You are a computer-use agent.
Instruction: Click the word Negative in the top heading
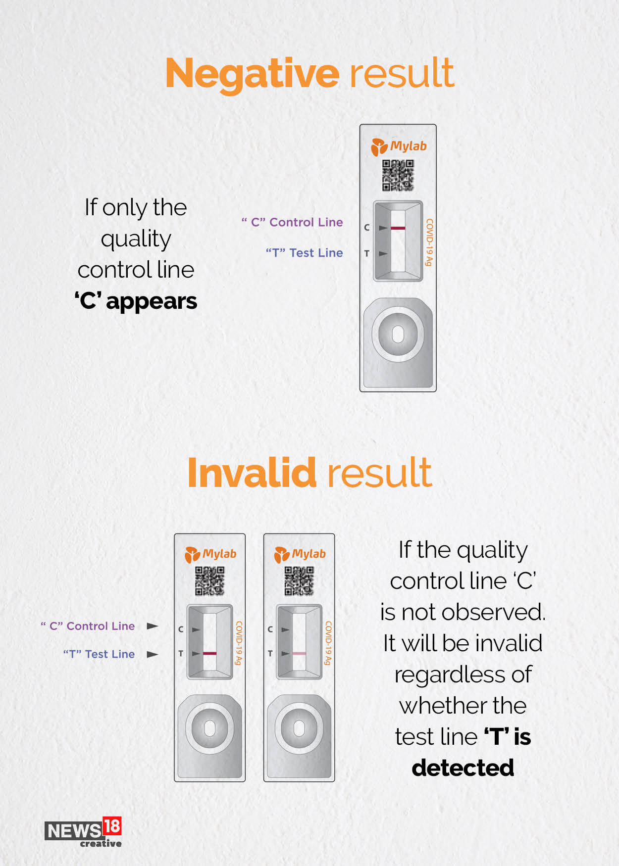(x=252, y=74)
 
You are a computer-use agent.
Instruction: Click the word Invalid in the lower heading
(x=252, y=473)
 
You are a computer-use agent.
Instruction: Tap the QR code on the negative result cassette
(x=398, y=175)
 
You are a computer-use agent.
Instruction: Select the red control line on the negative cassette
(x=398, y=228)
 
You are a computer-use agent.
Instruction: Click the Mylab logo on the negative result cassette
(x=399, y=146)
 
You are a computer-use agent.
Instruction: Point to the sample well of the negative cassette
(x=398, y=334)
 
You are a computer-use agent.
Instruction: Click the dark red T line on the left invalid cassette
(x=209, y=653)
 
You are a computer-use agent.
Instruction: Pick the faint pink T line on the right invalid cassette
(x=299, y=653)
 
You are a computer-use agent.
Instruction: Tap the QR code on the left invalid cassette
(x=209, y=581)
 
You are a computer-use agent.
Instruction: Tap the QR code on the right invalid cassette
(x=299, y=581)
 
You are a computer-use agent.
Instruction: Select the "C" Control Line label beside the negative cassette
(x=292, y=222)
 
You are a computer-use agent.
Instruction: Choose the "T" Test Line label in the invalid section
(x=99, y=654)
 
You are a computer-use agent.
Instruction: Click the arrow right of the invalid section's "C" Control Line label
(x=153, y=626)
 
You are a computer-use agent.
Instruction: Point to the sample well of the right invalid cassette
(x=299, y=728)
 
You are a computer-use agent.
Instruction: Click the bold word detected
(x=463, y=768)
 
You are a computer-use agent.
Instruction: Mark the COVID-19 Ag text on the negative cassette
(x=429, y=242)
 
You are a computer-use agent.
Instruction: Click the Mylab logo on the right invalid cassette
(x=300, y=554)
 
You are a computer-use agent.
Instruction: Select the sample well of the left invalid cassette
(x=209, y=728)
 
